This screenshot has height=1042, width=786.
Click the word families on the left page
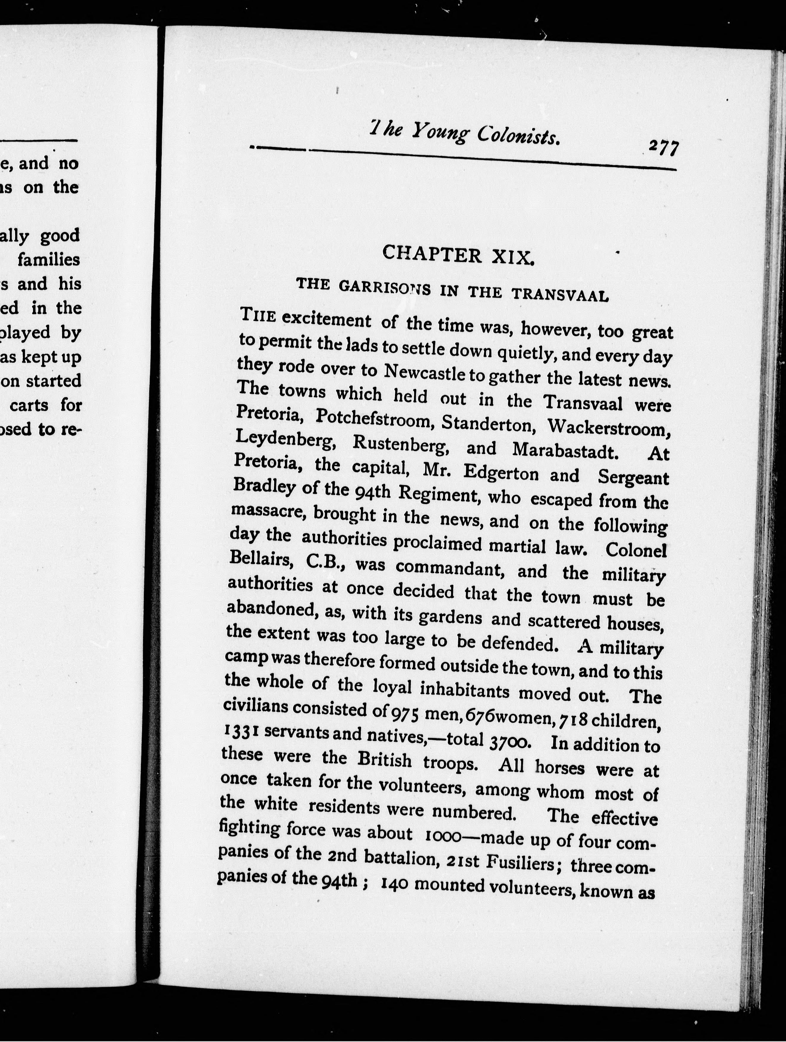pos(49,260)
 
